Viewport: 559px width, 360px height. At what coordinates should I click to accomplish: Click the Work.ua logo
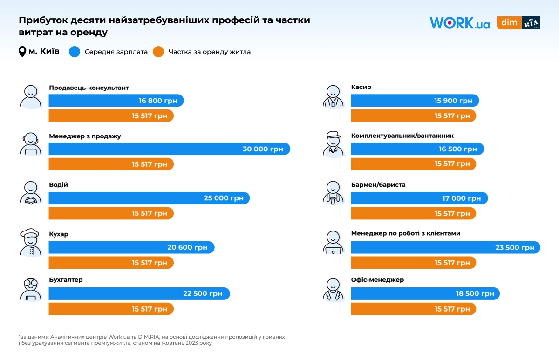pyautogui.click(x=459, y=23)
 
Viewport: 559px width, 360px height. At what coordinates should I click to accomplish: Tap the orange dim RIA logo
pyautogui.click(x=518, y=23)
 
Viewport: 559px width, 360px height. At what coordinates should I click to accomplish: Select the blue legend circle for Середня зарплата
pyautogui.click(x=75, y=52)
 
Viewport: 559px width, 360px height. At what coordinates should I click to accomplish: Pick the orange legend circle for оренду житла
pyautogui.click(x=158, y=52)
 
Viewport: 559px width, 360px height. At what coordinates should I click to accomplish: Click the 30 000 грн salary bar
pyautogui.click(x=169, y=149)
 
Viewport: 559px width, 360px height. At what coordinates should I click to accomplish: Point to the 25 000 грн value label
pyautogui.click(x=223, y=198)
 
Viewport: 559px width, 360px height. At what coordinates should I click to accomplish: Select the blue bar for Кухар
pyautogui.click(x=131, y=247)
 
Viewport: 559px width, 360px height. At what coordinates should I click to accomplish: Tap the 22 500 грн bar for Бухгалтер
pyautogui.click(x=139, y=293)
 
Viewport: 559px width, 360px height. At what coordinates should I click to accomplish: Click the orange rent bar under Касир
pyautogui.click(x=413, y=116)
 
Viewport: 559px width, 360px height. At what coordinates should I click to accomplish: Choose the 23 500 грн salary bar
pyautogui.click(x=445, y=247)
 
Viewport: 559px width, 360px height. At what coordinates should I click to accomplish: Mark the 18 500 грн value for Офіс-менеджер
pyautogui.click(x=475, y=293)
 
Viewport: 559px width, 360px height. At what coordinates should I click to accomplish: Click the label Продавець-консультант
pyautogui.click(x=89, y=88)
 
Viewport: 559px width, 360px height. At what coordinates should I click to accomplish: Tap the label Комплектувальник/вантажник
pyautogui.click(x=402, y=136)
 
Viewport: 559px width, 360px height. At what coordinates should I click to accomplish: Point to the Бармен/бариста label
pyautogui.click(x=378, y=185)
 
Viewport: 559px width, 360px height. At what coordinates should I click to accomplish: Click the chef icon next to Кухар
pyautogui.click(x=31, y=242)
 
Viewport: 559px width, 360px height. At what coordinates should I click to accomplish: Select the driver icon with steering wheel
pyautogui.click(x=31, y=193)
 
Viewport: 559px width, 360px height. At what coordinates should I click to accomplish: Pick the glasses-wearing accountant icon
pyautogui.click(x=31, y=289)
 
